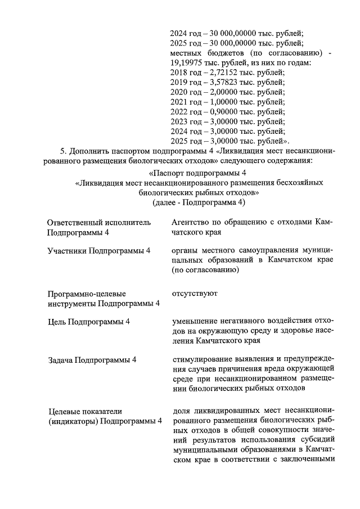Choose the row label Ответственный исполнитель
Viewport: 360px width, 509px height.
coord(99,222)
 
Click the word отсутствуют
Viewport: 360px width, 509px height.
coord(195,293)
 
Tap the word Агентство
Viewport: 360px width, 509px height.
coord(192,222)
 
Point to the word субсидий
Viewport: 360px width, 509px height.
coord(317,440)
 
